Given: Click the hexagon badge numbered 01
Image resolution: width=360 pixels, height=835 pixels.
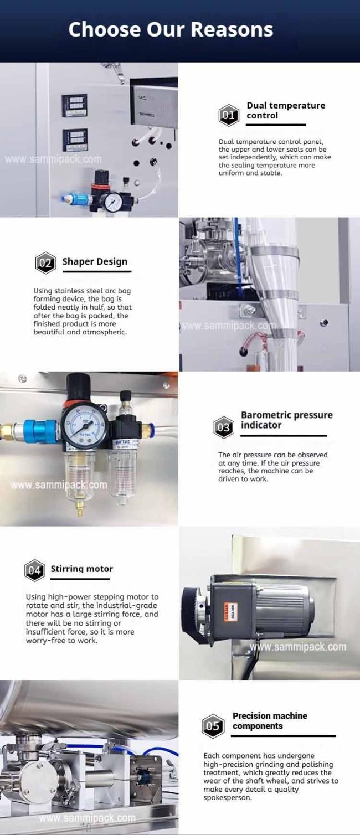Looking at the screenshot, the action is click(x=228, y=115).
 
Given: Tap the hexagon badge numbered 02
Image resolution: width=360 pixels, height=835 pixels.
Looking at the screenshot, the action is click(x=45, y=263).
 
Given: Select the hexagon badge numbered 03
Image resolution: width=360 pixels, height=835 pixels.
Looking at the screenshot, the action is click(x=224, y=427).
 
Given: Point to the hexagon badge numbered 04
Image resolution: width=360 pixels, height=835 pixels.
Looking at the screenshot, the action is click(x=35, y=570).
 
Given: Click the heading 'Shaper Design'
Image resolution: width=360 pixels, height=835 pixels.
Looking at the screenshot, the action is click(x=95, y=262).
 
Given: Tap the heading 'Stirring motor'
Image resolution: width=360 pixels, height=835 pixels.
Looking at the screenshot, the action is click(x=81, y=569).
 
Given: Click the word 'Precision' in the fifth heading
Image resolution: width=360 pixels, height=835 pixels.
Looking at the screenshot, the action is click(x=251, y=716).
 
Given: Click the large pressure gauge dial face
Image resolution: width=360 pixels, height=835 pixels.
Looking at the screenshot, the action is click(x=83, y=425).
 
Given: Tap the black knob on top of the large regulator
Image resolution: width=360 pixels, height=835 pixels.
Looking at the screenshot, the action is click(x=78, y=385).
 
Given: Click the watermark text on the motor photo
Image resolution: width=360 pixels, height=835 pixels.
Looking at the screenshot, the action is click(x=298, y=647).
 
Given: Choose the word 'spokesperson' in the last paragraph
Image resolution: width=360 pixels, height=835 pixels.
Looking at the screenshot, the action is click(x=228, y=798).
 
